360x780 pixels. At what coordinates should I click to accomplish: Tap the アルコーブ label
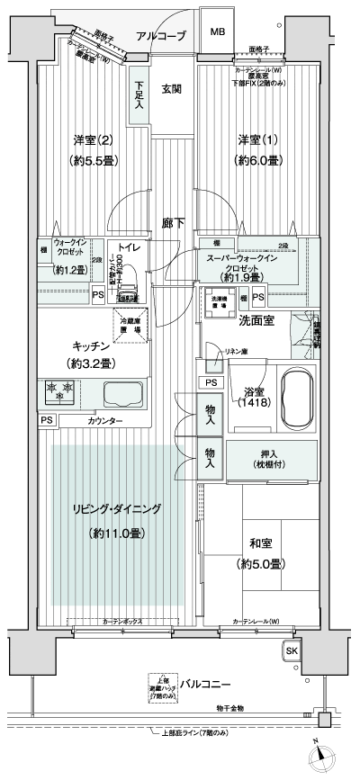click(x=161, y=36)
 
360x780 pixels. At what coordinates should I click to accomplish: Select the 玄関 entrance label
click(x=172, y=88)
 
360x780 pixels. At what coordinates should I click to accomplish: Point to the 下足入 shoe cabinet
click(x=139, y=92)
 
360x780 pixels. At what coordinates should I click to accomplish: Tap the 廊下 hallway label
click(x=173, y=223)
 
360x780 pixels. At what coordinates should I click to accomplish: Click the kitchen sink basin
click(x=122, y=394)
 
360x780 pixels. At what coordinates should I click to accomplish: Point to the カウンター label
click(x=106, y=420)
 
